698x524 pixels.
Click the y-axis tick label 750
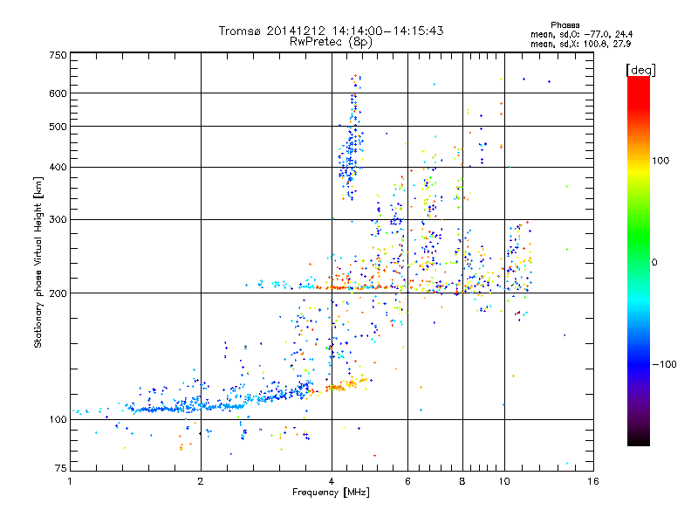[58, 55]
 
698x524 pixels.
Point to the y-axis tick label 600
[58, 93]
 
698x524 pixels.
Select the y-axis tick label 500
[58, 126]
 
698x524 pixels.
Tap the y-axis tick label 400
[58, 167]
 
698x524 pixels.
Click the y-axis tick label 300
[58, 218]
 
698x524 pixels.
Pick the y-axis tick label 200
[58, 293]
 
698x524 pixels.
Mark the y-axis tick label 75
[60, 470]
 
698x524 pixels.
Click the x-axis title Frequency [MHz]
[331, 493]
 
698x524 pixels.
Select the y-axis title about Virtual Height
[38, 262]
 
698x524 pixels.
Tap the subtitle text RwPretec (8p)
[331, 41]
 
